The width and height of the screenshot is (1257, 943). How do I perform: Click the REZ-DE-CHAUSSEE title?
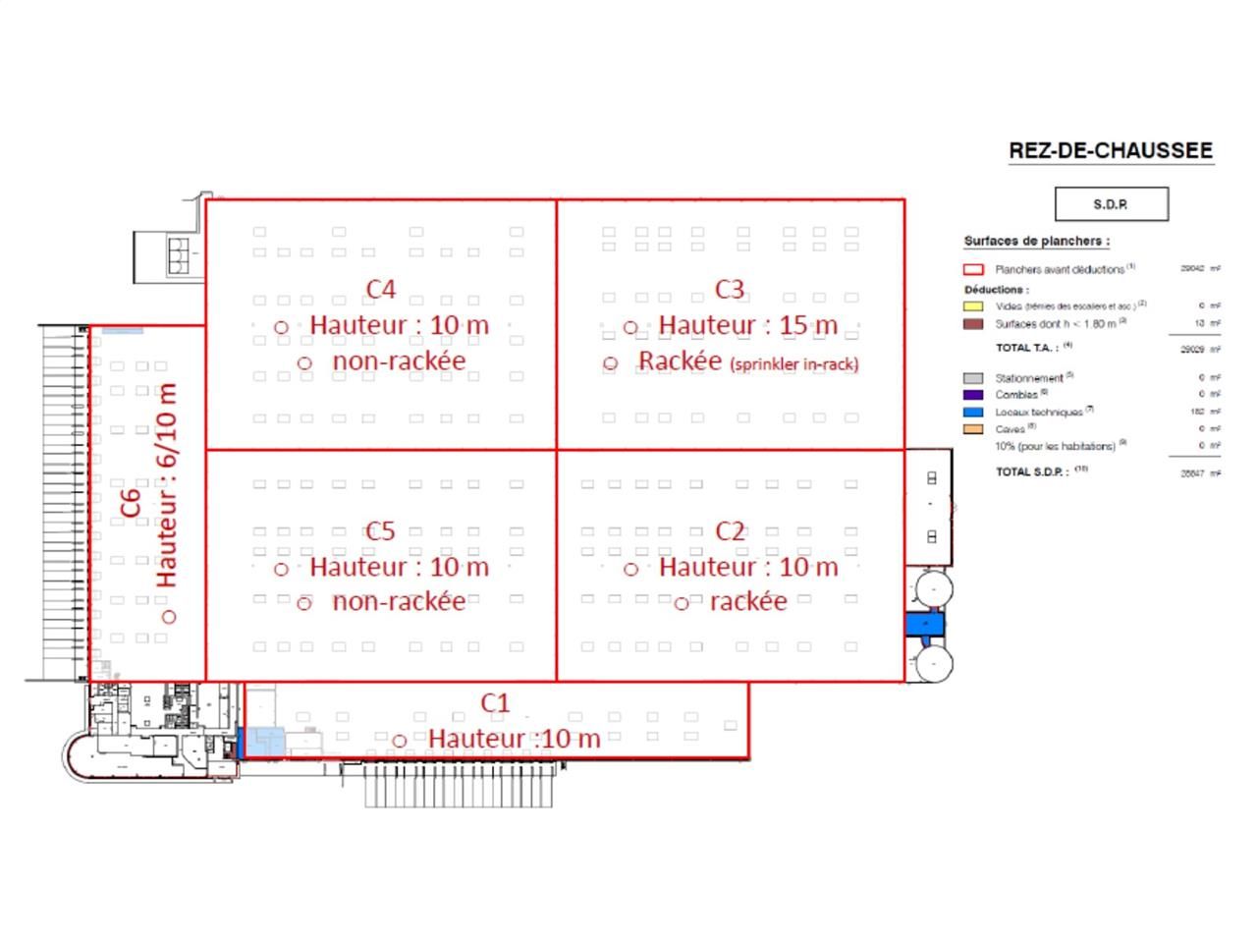1111,151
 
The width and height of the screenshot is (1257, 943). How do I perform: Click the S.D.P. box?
1111,204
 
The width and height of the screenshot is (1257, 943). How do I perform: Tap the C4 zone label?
381,289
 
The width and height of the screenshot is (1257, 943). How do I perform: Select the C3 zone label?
730,289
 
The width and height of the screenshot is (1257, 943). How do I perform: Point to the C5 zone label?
380,531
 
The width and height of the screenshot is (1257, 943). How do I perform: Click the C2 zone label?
730,531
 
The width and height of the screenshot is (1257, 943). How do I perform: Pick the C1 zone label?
495,703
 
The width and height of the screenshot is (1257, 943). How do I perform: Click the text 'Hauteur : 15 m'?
748,325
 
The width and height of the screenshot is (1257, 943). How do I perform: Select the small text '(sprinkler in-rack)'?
793,364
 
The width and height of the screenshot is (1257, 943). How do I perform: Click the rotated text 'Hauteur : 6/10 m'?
167,485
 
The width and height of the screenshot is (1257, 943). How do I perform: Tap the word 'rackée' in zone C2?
748,601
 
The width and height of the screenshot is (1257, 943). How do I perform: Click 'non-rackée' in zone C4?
399,361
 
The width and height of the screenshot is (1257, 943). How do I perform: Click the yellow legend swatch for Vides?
973,306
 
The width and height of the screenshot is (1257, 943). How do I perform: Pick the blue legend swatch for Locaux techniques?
973,413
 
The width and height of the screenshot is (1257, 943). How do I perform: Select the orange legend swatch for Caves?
973,429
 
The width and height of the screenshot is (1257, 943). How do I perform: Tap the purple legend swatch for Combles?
973,395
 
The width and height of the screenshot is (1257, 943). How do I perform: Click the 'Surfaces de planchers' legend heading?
1037,241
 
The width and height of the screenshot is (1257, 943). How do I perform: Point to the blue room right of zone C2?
923,624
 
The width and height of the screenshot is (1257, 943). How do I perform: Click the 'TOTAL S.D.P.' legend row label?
1031,471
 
